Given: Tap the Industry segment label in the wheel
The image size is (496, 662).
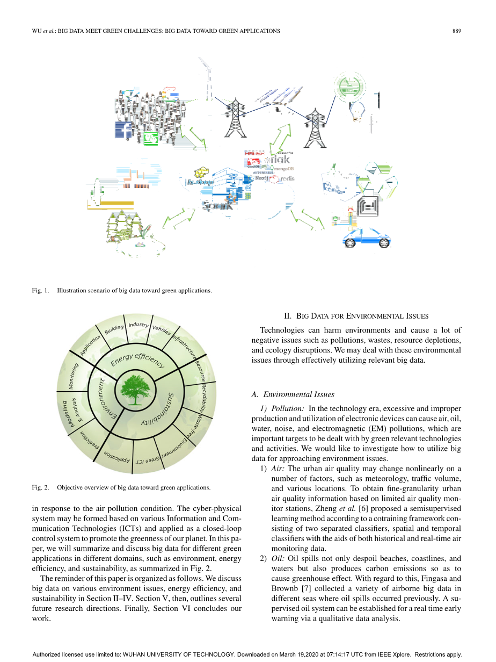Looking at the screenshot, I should pos(138,325).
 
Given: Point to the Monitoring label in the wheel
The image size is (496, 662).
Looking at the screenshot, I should pos(74,376).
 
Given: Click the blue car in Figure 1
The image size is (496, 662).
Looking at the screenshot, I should pos(366,235).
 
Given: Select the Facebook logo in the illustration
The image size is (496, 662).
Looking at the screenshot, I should pos(124,131).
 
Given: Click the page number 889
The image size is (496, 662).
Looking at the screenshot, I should pos(457,31).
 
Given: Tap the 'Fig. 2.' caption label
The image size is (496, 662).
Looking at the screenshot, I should pos(41,487).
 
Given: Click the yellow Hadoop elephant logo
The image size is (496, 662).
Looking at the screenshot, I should pos(201,173).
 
